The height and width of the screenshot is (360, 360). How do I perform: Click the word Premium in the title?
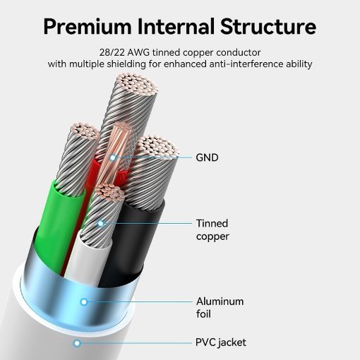(88, 27)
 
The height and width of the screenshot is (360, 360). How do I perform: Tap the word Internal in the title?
(176, 26)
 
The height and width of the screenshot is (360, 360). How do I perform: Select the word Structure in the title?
(268, 26)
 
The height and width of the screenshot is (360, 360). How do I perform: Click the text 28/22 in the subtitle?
(112, 52)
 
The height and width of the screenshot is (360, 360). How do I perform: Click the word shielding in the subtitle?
(126, 64)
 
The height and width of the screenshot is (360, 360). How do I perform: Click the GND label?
(207, 157)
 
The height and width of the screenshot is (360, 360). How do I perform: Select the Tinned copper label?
(212, 230)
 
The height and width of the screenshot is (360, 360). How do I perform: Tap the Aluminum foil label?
(220, 308)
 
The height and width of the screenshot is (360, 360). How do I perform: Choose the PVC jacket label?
(221, 343)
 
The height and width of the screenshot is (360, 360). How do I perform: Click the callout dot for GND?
(113, 157)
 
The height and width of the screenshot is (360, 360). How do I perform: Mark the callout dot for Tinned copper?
(101, 223)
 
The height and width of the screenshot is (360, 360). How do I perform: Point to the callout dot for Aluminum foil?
(84, 302)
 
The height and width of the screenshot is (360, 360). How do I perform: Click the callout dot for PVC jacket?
(77, 343)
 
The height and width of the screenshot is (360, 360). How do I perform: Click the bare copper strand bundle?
(115, 154)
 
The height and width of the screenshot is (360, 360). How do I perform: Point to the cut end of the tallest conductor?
(137, 84)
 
